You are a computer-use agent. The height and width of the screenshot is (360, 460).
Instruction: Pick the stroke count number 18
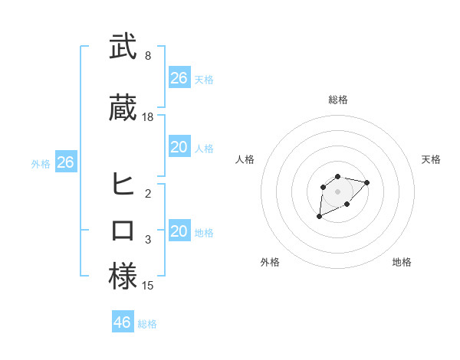coord(148,117)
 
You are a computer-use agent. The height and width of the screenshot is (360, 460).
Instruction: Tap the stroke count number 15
coord(148,286)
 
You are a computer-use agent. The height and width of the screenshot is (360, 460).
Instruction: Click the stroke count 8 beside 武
coord(148,56)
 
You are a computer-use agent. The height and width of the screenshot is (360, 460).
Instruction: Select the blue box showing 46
coord(123,322)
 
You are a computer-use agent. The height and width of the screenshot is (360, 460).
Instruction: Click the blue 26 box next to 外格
coord(65,162)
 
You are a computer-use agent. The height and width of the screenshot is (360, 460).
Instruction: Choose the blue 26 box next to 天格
coord(179,78)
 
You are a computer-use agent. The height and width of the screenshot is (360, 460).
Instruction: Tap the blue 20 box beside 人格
coord(179,147)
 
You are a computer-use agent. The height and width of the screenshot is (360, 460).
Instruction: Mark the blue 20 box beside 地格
coord(179,231)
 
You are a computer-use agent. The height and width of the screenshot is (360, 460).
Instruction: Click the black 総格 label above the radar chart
coord(338,100)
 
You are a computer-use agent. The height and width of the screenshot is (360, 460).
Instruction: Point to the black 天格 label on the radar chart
coord(431,159)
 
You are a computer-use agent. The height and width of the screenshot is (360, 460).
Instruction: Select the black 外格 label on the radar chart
coord(270,262)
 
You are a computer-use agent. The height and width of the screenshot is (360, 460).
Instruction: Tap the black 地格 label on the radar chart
coord(402,262)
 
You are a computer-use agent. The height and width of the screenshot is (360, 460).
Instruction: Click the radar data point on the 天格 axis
coord(367,182)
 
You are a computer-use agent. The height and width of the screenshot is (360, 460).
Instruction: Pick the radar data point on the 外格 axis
coord(319,217)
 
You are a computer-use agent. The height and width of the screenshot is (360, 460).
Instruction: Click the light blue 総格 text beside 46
coord(147,324)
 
